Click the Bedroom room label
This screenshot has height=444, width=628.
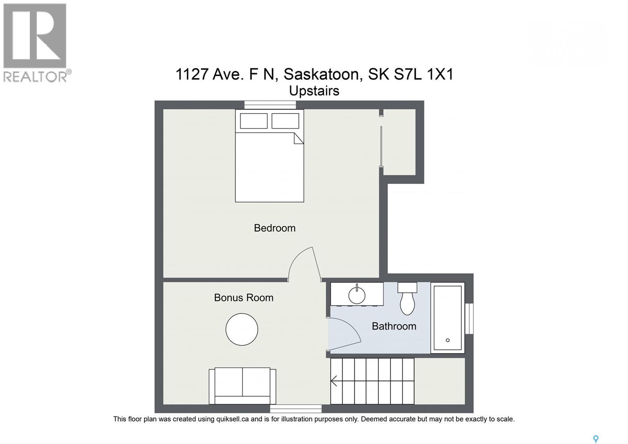[274, 228]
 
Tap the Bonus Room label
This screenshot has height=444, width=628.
[243, 297]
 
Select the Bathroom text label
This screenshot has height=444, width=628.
[394, 326]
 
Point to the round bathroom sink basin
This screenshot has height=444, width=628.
[357, 295]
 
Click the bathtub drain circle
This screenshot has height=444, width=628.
[447, 340]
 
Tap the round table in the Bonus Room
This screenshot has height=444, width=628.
[242, 329]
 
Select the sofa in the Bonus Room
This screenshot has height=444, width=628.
[242, 386]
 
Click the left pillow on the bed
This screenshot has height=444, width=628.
[254, 121]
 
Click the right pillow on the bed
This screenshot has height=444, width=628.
[285, 121]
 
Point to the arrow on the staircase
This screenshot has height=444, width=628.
[334, 381]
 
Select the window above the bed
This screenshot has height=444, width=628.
[270, 105]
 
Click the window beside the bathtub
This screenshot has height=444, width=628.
[469, 318]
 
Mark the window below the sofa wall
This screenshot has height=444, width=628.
[296, 409]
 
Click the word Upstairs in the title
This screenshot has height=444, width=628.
[314, 91]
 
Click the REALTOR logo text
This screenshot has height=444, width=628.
[35, 76]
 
